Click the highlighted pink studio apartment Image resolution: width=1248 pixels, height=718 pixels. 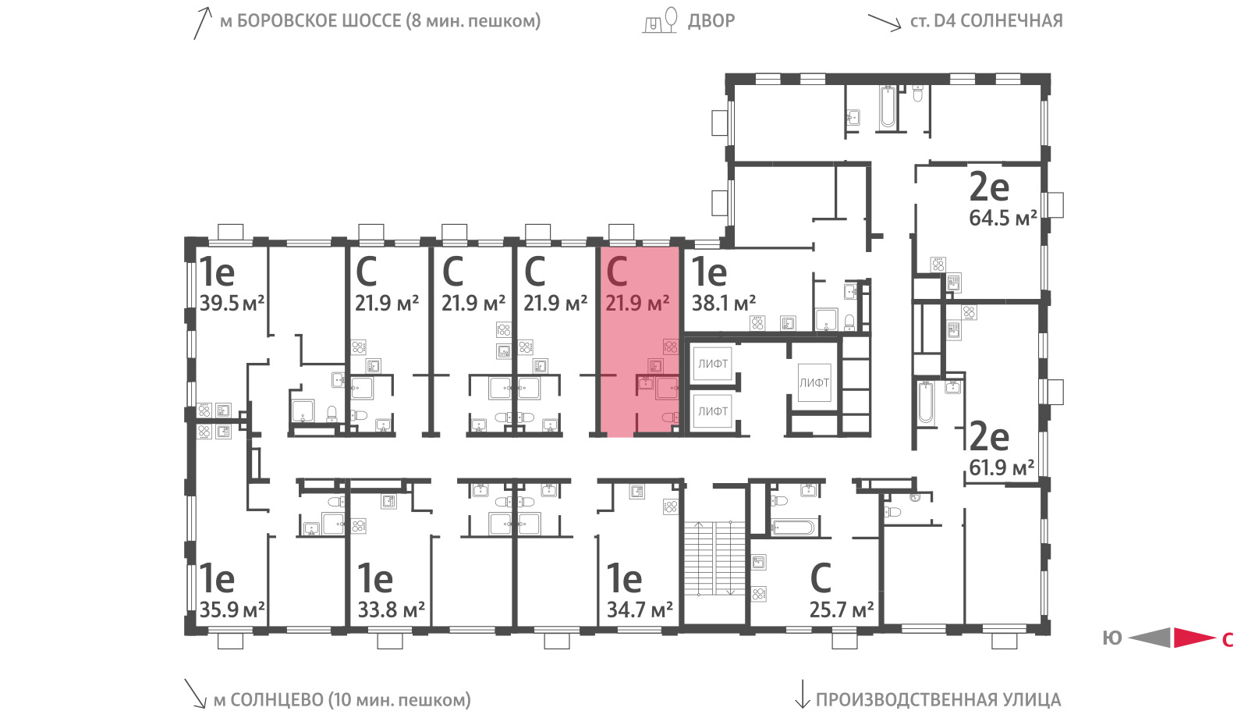(x=639, y=341)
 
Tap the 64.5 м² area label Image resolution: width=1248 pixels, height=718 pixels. (x=1003, y=218)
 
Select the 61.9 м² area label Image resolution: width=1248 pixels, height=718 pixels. (x=1002, y=467)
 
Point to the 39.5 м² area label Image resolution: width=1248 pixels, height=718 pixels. (x=232, y=304)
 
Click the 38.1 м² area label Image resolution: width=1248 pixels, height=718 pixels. (x=724, y=304)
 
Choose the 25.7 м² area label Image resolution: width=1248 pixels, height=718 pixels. (x=842, y=610)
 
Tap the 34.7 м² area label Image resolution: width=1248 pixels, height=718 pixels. (x=640, y=610)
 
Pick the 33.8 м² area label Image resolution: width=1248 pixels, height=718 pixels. (x=391, y=610)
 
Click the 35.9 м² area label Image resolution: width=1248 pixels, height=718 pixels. (x=232, y=610)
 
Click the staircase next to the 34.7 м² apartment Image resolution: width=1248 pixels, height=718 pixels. (x=714, y=558)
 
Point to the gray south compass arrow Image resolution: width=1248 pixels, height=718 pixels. (x=1150, y=638)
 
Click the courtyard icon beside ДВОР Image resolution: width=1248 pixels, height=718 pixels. (x=660, y=20)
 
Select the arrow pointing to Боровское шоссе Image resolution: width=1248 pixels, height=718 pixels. (x=203, y=23)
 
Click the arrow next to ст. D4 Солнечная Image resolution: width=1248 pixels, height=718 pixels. (x=885, y=23)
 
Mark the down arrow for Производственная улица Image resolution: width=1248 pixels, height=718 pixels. (x=802, y=694)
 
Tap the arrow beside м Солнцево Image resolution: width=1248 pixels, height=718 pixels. (x=196, y=694)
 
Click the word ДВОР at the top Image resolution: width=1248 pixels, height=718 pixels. (x=711, y=20)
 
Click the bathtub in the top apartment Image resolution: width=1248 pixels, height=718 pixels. (x=888, y=107)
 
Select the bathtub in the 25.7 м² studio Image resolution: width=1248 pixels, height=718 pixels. (x=793, y=527)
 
